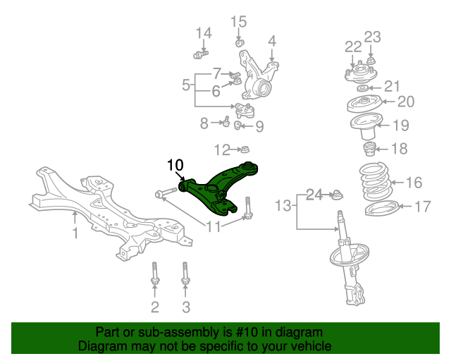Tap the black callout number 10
174,166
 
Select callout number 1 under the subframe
75,231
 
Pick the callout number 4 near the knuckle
271,41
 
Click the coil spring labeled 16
373,182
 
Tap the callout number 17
422,207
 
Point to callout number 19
400,127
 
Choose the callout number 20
406,102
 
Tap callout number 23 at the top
372,37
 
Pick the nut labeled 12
243,149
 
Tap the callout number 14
203,32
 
